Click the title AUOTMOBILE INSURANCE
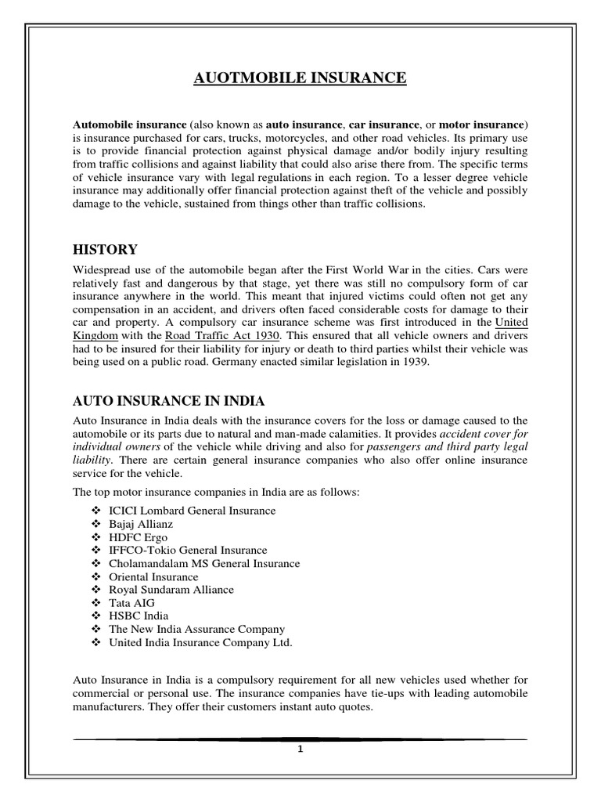click(x=300, y=78)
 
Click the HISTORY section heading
click(x=105, y=250)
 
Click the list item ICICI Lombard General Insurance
click(x=192, y=510)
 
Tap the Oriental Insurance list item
click(x=154, y=576)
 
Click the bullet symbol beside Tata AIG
click(x=96, y=603)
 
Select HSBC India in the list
click(x=139, y=616)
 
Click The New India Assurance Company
click(x=196, y=629)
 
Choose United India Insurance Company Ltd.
click(x=201, y=642)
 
